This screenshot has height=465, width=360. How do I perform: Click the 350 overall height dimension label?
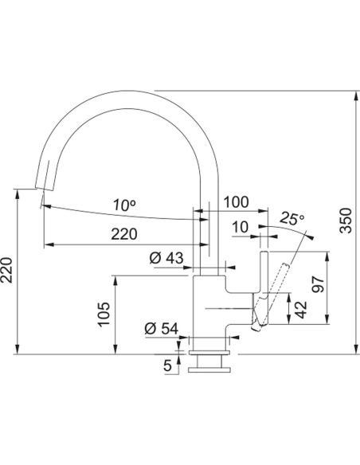(x=346, y=221)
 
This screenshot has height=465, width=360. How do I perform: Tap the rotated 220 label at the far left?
(x=7, y=270)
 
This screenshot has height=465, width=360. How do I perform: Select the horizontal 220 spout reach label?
(x=124, y=234)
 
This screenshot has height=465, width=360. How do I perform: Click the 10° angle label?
(x=124, y=205)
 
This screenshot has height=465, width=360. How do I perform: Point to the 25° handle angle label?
(x=292, y=218)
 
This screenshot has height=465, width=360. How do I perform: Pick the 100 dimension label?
(x=236, y=202)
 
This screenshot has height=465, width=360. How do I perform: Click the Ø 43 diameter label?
(x=166, y=258)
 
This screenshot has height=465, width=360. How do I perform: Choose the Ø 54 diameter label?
(x=162, y=329)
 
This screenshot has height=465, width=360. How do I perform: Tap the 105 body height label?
(x=104, y=315)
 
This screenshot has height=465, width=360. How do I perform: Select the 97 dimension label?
(x=319, y=284)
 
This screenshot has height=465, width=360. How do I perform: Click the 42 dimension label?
(x=301, y=310)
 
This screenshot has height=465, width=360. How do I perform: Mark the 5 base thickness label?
(x=168, y=365)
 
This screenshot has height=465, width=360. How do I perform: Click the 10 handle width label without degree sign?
(x=241, y=227)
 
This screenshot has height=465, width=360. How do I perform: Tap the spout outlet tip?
(x=45, y=189)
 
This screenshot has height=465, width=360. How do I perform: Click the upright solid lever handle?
(x=264, y=287)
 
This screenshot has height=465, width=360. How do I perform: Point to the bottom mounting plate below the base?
(x=209, y=369)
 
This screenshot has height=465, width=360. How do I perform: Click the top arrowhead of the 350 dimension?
(x=356, y=96)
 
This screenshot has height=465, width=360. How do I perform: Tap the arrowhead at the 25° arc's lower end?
(x=309, y=236)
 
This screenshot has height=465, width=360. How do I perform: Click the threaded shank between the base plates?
(x=209, y=361)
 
